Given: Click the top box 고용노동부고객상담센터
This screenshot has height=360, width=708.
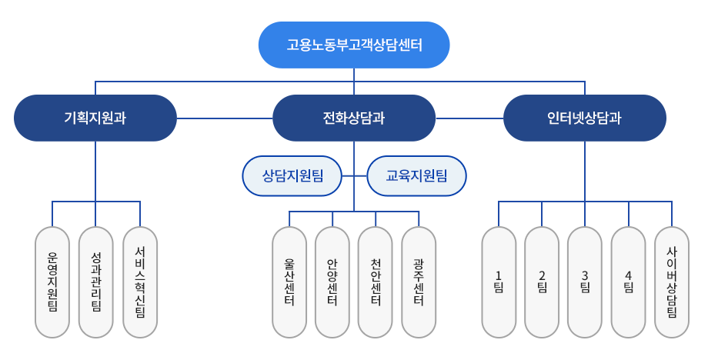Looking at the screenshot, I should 354,45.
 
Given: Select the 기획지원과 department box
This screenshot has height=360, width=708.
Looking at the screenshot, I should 95,118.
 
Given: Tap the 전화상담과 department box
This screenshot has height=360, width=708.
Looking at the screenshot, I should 354,118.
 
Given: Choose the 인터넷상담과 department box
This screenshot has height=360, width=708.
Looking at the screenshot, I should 584,118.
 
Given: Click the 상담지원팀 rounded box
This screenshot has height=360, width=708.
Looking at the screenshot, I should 292,176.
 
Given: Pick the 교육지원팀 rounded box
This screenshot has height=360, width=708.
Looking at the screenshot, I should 416,176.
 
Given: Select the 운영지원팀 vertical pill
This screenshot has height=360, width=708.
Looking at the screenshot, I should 53,282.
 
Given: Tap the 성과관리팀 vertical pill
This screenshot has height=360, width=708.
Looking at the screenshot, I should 96,282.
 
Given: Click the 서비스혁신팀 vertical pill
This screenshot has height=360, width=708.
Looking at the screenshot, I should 140,282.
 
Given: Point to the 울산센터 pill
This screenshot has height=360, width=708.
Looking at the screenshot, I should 289,282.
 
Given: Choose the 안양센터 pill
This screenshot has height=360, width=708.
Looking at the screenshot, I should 332,282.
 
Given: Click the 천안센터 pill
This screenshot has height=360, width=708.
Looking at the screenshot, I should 376,282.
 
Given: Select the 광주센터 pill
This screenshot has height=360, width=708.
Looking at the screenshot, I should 419,282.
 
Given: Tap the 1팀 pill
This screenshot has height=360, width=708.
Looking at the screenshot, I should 498,282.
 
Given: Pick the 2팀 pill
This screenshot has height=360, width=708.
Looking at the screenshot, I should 542,282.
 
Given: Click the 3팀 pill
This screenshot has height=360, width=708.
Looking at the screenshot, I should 585,282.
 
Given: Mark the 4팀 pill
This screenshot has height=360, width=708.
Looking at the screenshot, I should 629,282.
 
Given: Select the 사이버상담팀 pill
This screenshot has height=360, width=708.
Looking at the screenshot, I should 672,282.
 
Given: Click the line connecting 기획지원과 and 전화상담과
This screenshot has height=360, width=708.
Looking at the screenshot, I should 225,118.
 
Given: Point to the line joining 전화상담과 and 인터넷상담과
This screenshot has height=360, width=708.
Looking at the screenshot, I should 469,118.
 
